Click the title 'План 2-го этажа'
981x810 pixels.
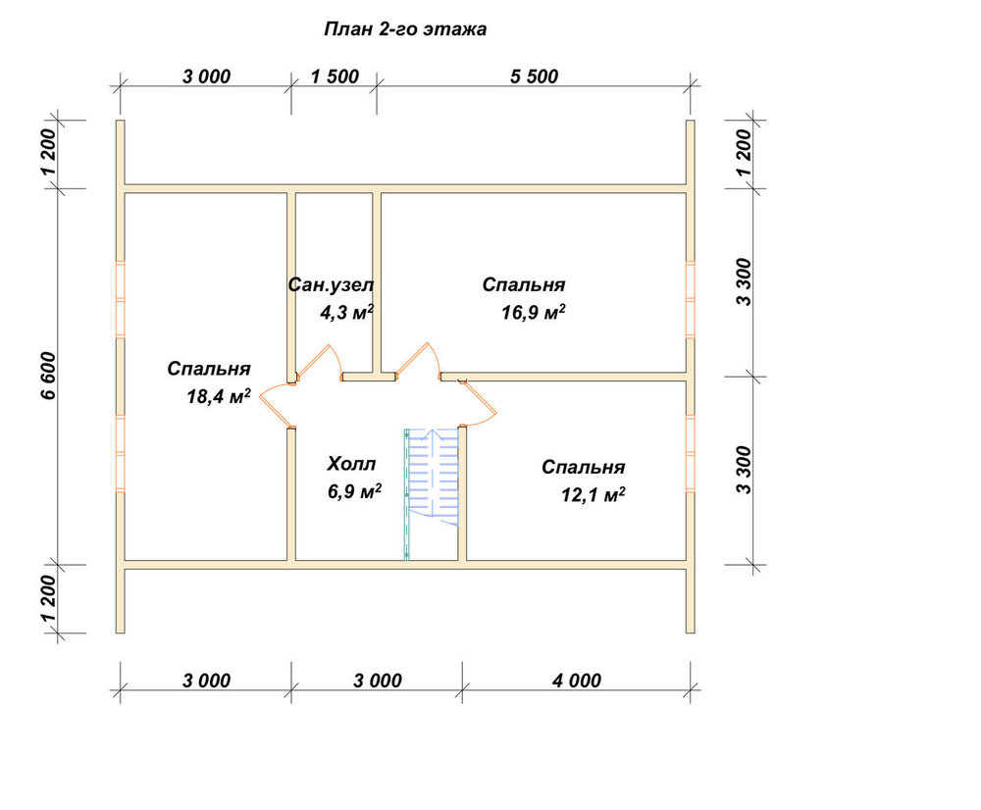click(x=405, y=29)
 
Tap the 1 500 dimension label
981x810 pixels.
click(x=335, y=76)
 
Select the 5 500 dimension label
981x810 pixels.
click(x=534, y=76)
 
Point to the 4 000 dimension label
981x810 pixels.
click(x=576, y=681)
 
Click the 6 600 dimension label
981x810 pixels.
click(x=49, y=376)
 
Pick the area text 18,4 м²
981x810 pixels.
click(x=219, y=396)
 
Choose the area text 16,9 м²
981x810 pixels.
click(x=533, y=312)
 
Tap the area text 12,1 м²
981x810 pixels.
click(x=594, y=495)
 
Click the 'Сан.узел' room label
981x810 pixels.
click(x=331, y=285)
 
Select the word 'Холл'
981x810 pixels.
click(x=351, y=464)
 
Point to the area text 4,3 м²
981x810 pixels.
click(x=347, y=312)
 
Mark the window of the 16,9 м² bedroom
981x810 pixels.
click(x=691, y=300)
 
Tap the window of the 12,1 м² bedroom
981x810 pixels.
click(x=691, y=453)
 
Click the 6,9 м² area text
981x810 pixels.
click(x=355, y=491)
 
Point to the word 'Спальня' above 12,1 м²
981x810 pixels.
click(x=583, y=467)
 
